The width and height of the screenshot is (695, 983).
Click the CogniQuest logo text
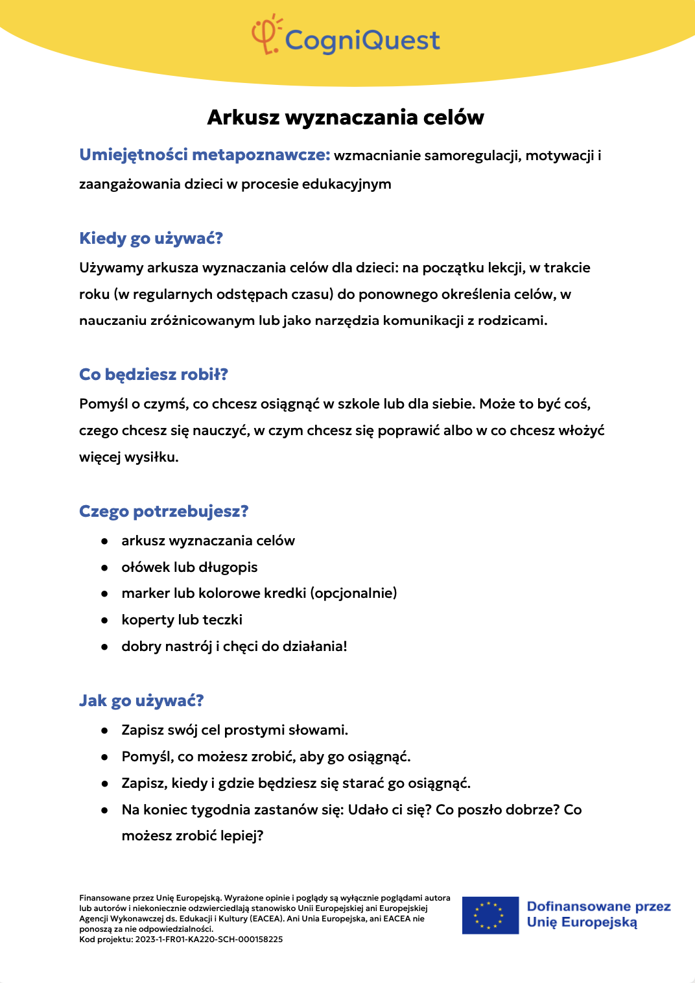coord(362,40)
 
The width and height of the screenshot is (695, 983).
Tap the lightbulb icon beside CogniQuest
coord(266,34)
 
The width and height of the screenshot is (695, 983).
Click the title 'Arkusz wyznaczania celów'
coord(346,117)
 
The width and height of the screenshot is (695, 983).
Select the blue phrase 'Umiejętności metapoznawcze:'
coord(205,155)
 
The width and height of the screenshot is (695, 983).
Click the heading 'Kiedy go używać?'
coord(151,238)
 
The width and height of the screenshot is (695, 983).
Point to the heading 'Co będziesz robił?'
coord(154,374)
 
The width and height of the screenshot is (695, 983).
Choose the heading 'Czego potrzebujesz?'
coord(164,511)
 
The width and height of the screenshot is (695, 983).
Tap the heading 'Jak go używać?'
coord(141,700)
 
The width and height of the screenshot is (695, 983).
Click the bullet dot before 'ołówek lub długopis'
coord(104,567)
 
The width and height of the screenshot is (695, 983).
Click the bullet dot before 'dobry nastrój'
coord(104,646)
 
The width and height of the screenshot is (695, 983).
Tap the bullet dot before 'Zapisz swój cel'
coord(104,730)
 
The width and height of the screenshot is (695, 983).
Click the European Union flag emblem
coord(490,915)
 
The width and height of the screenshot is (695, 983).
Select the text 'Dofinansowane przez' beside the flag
coord(598,906)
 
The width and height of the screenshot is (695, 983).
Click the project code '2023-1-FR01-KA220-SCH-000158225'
coord(209,939)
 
